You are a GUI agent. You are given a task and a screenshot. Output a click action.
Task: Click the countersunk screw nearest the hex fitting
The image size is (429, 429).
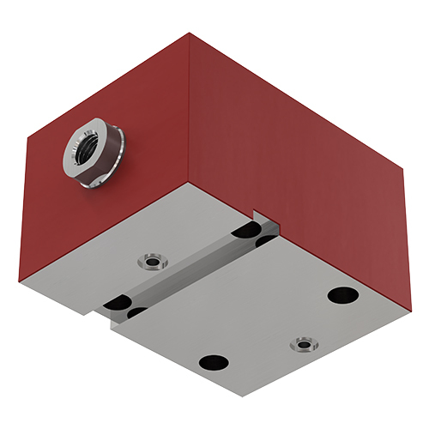pyautogui.click(x=154, y=258)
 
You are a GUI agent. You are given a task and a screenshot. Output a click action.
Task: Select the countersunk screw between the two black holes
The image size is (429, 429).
pyautogui.click(x=302, y=345)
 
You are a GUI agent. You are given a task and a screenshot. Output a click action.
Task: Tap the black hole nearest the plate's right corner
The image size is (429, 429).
pyautogui.click(x=341, y=294)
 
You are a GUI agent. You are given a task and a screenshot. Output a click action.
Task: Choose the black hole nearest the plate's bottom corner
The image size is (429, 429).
pyautogui.click(x=211, y=362)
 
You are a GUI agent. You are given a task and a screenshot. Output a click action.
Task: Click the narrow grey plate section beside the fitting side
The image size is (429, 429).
pyautogui.click(x=129, y=249)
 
